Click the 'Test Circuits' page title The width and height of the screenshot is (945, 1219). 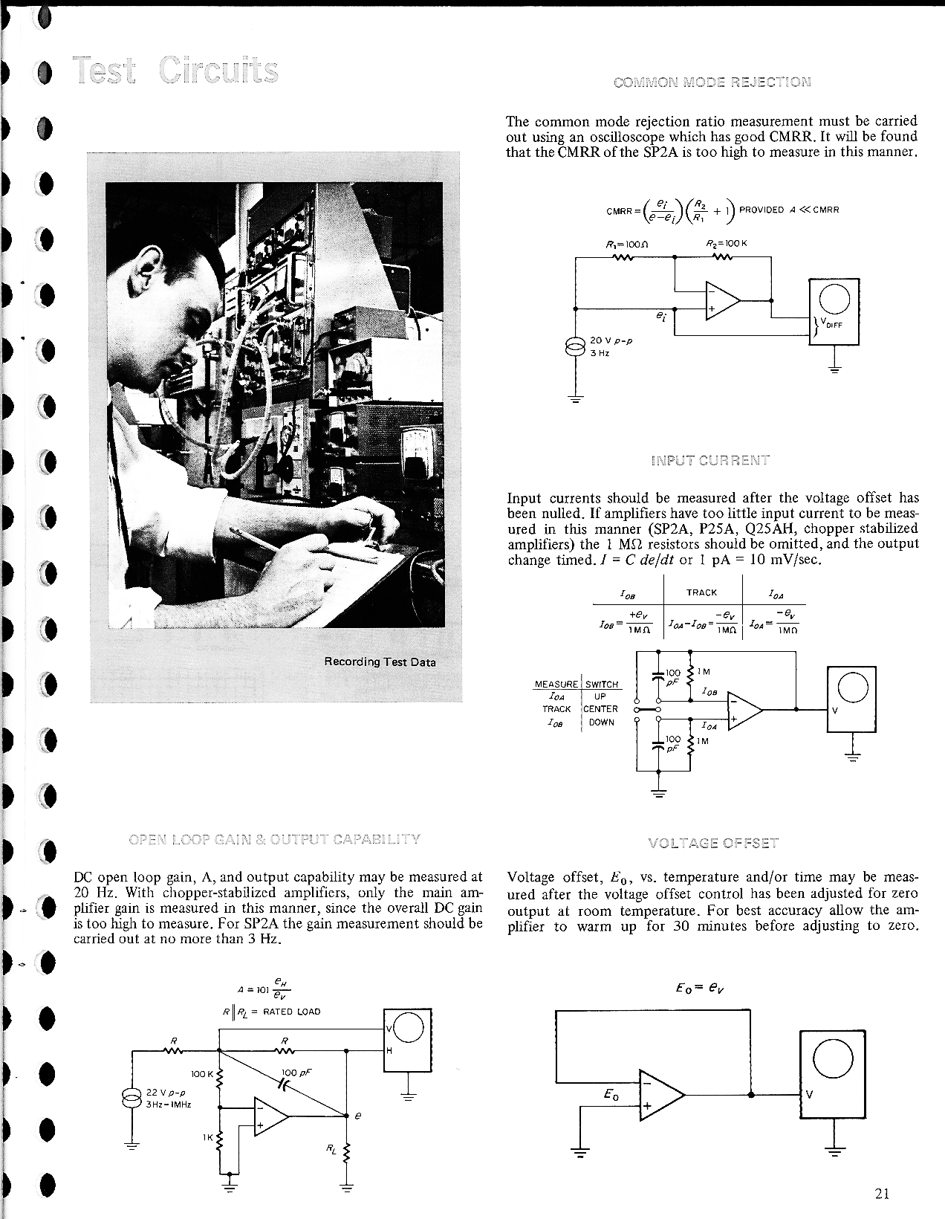175,71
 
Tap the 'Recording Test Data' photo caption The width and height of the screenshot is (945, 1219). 380,662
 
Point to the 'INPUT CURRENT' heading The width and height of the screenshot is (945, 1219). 710,460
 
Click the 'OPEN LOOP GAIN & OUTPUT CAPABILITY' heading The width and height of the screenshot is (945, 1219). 275,840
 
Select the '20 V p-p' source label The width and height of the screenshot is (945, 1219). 611,340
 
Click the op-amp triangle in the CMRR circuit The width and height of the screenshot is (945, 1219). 721,300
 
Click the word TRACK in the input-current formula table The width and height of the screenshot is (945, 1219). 701,592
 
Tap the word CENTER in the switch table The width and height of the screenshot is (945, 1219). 600,708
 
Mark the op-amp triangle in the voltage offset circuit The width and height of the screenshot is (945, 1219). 660,1095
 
